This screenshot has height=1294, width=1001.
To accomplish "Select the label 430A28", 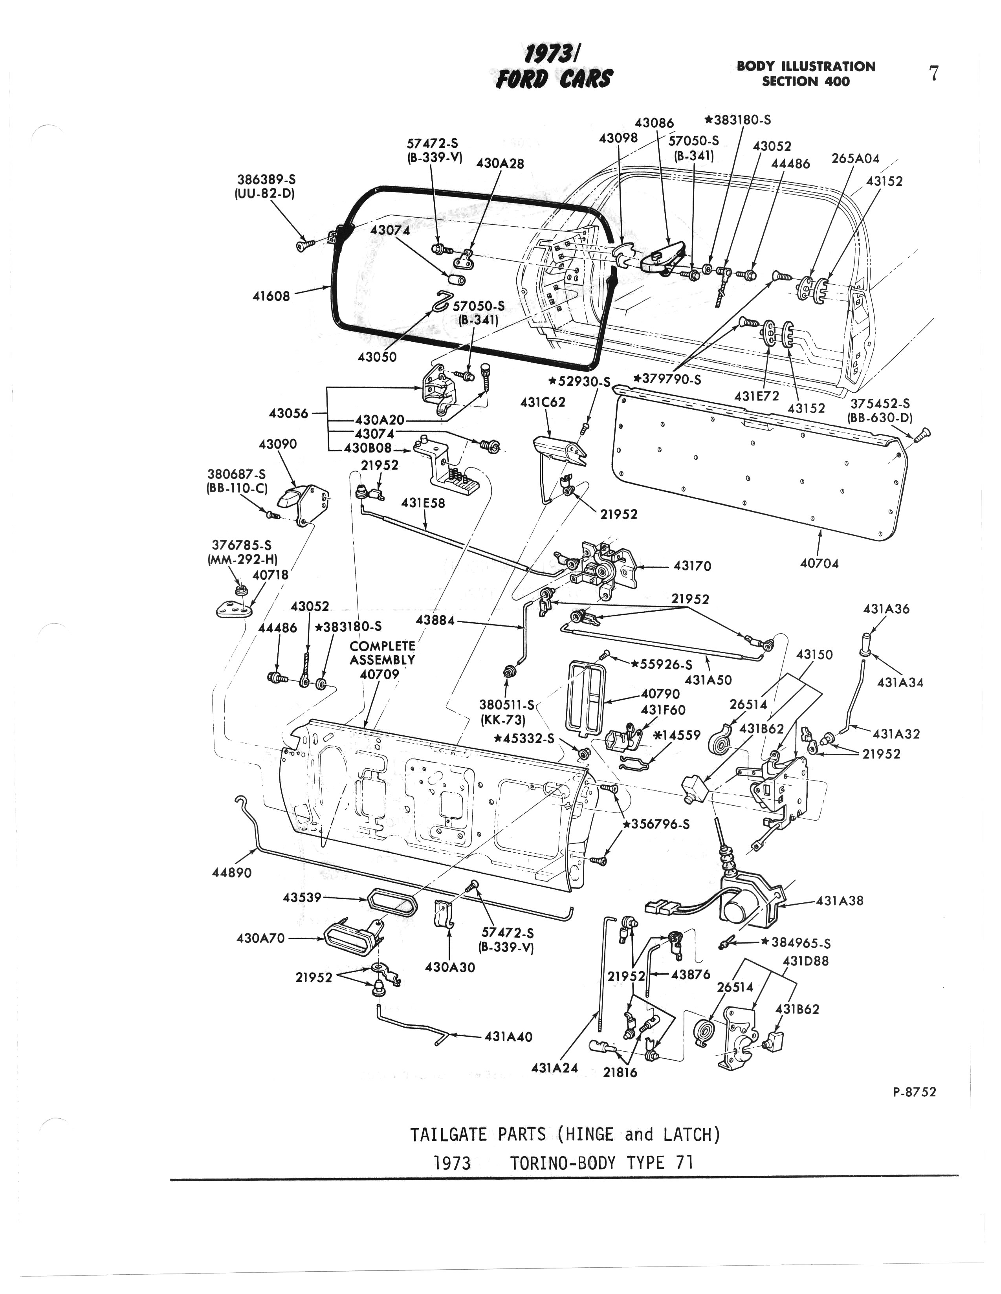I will [x=500, y=163].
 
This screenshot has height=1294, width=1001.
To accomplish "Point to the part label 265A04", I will [x=856, y=159].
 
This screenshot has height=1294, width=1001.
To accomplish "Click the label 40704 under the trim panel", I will [x=819, y=563].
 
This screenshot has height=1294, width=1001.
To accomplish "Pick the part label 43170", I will [x=692, y=566].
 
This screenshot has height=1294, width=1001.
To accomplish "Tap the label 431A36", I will [x=886, y=609].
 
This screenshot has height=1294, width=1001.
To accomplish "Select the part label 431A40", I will [x=508, y=1036].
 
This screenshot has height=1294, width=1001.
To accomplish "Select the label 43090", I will [x=278, y=444].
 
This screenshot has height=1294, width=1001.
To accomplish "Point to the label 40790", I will [x=660, y=694].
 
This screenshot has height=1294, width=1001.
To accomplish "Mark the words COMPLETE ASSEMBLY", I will [x=382, y=652].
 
